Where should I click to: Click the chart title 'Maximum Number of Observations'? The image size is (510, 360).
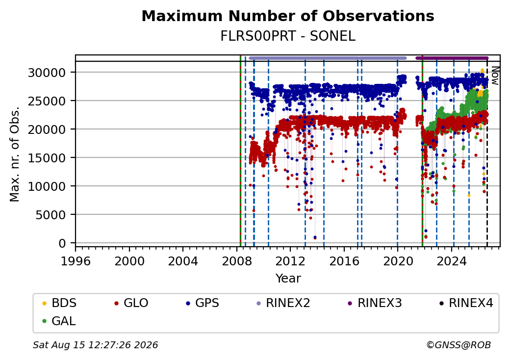pyautogui.click(x=288, y=16)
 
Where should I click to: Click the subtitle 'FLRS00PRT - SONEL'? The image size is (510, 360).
pyautogui.click(x=288, y=36)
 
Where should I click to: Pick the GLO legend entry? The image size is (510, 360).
pyautogui.click(x=131, y=303)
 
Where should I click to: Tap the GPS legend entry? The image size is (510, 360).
pyautogui.click(x=203, y=303)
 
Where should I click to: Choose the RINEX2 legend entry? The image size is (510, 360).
pyautogui.click(x=283, y=303)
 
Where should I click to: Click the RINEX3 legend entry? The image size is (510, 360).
pyautogui.click(x=375, y=303)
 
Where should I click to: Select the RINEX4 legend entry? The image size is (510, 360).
pyautogui.click(x=466, y=303)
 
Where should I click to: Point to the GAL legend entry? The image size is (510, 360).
pyautogui.click(x=59, y=321)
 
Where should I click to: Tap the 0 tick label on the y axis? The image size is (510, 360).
pyautogui.click(x=62, y=243)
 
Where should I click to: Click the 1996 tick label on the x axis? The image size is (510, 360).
pyautogui.click(x=76, y=261)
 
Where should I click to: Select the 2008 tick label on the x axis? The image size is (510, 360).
pyautogui.click(x=236, y=261)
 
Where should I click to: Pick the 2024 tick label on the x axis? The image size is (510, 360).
pyautogui.click(x=452, y=261)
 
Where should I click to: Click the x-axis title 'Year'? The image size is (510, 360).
pyautogui.click(x=288, y=279)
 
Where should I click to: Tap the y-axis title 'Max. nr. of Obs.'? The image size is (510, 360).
pyautogui.click(x=15, y=154)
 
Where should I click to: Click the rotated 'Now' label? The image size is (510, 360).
pyautogui.click(x=495, y=76)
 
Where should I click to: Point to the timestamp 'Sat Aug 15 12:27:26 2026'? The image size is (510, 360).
pyautogui.click(x=95, y=345)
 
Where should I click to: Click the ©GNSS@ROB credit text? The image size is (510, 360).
pyautogui.click(x=459, y=345)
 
